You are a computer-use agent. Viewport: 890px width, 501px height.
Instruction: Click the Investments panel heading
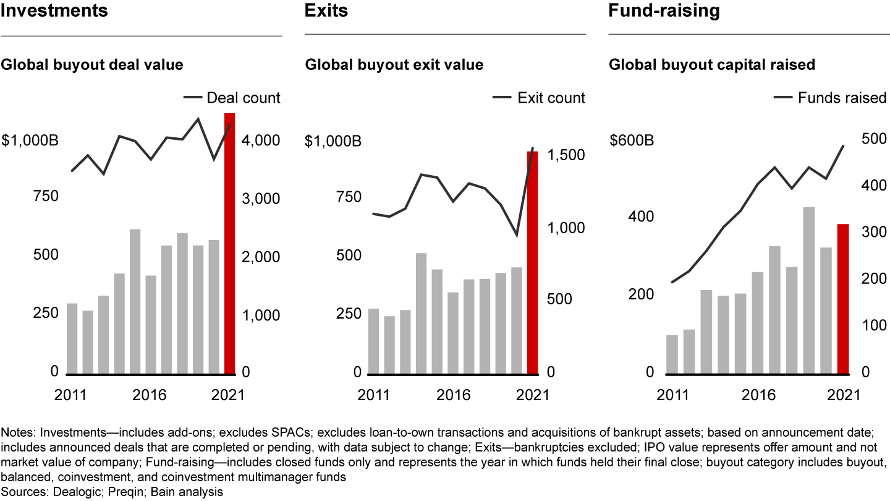pyautogui.click(x=54, y=11)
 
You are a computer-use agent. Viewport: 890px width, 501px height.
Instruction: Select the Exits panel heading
pyautogui.click(x=326, y=11)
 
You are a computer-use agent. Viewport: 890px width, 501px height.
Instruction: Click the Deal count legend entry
pyautogui.click(x=232, y=98)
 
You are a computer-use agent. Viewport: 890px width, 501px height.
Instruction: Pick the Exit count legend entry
pyautogui.click(x=539, y=98)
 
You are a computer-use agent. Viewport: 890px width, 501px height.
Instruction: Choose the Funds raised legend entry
pyautogui.click(x=830, y=98)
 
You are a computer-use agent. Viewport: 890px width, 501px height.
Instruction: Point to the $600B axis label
pyautogui.click(x=632, y=141)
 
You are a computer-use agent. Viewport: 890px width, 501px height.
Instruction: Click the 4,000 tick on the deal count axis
pyautogui.click(x=262, y=141)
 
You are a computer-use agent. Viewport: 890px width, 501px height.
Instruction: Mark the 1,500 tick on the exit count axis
pyautogui.click(x=566, y=155)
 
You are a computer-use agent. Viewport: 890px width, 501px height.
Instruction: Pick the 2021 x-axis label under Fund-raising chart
pyautogui.click(x=844, y=395)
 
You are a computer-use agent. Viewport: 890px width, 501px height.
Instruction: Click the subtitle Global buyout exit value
pyautogui.click(x=394, y=64)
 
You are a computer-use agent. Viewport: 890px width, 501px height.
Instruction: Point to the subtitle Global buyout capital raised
pyautogui.click(x=712, y=64)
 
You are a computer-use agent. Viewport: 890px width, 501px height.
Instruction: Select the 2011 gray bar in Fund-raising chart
pyautogui.click(x=672, y=354)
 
